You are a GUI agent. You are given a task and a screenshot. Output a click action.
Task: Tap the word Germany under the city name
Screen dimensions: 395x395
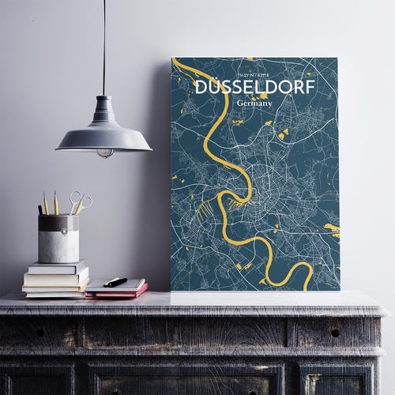[x=254, y=103]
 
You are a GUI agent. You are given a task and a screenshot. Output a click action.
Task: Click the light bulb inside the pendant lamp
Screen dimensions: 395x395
[x=104, y=152]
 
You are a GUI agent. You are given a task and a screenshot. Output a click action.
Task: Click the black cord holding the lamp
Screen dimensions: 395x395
[x=103, y=47]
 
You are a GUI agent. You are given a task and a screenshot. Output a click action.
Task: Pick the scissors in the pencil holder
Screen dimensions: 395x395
[x=79, y=202]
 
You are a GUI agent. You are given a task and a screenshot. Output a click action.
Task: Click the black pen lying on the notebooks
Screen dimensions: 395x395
[x=115, y=281]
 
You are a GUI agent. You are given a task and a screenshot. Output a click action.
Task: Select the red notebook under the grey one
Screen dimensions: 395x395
[x=118, y=293]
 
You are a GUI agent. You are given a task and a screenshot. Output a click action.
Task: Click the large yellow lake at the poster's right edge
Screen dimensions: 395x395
[x=332, y=230]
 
